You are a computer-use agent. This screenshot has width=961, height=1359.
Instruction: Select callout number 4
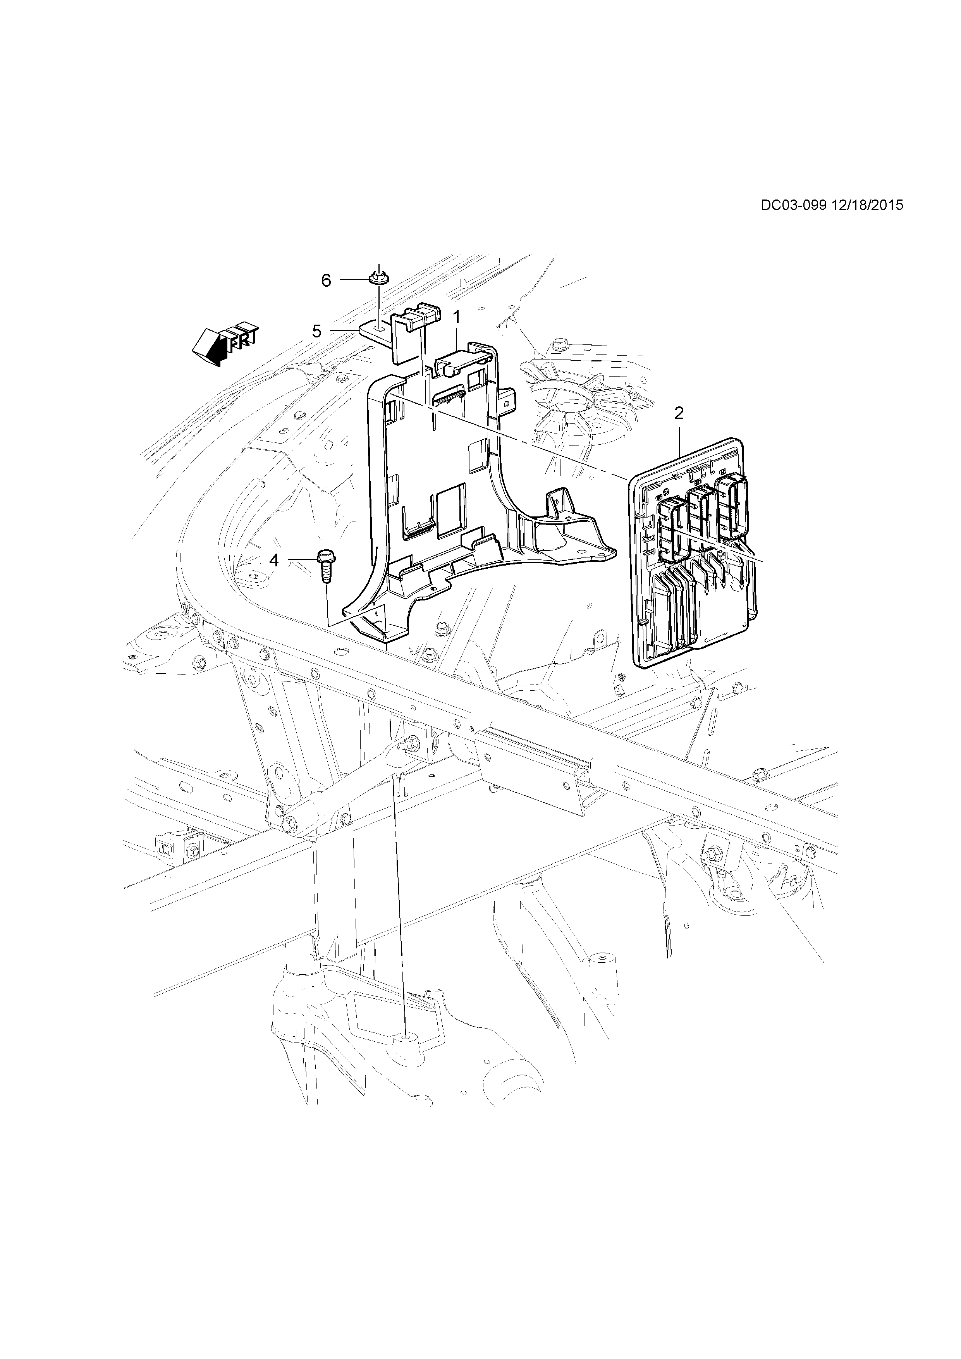click(x=274, y=559)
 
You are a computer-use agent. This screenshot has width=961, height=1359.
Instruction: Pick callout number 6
click(x=326, y=280)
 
